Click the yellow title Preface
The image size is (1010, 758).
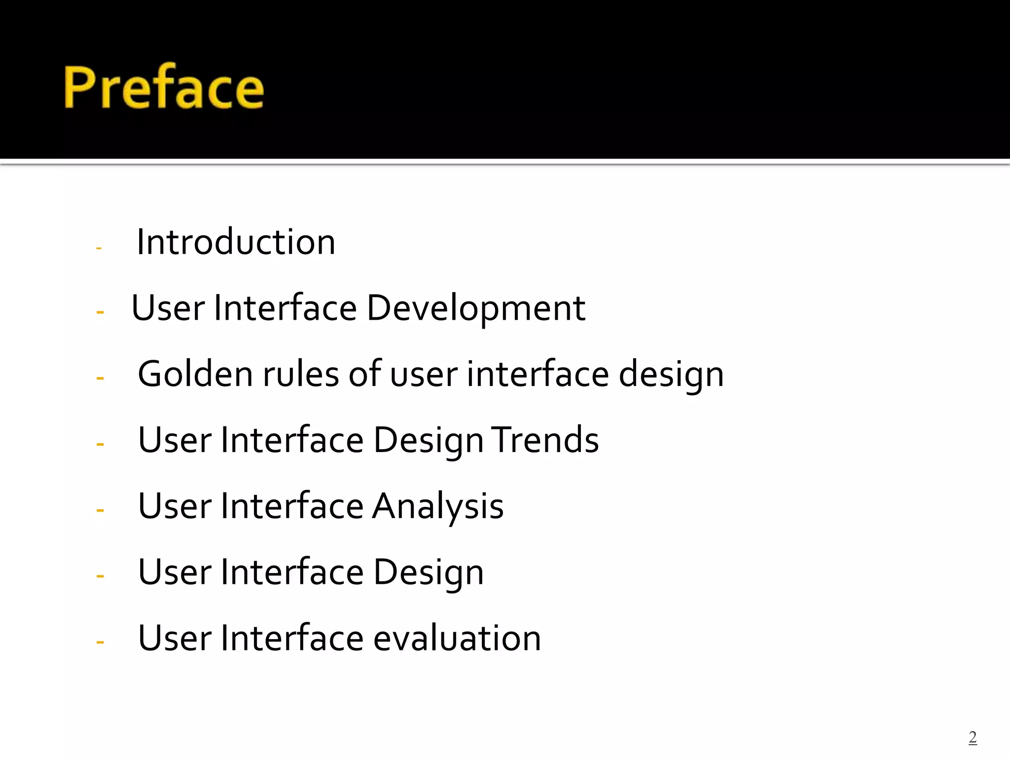164,87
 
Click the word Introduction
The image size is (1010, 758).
236,242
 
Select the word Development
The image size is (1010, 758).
476,308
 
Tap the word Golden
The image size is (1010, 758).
195,374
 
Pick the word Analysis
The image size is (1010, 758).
437,506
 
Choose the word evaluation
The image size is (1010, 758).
457,638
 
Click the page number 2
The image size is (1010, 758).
973,737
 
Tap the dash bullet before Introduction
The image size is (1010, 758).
99,248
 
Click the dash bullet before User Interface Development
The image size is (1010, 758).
100,312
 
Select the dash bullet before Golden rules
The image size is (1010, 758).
100,379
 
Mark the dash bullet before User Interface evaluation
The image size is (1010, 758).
100,642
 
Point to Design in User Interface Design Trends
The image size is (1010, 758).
428,441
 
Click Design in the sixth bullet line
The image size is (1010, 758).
428,572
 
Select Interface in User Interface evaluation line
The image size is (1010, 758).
292,638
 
